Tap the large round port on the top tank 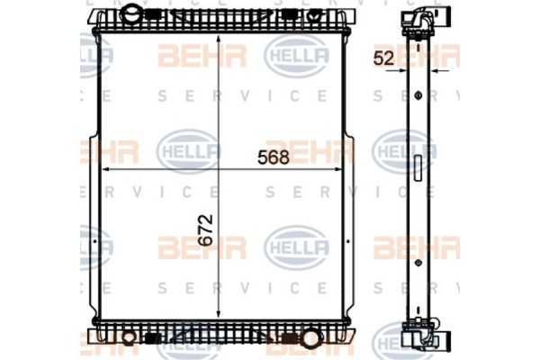point(131,15)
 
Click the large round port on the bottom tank point(312,341)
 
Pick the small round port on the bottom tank point(129,339)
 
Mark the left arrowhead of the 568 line point(104,169)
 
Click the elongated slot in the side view point(417,167)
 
